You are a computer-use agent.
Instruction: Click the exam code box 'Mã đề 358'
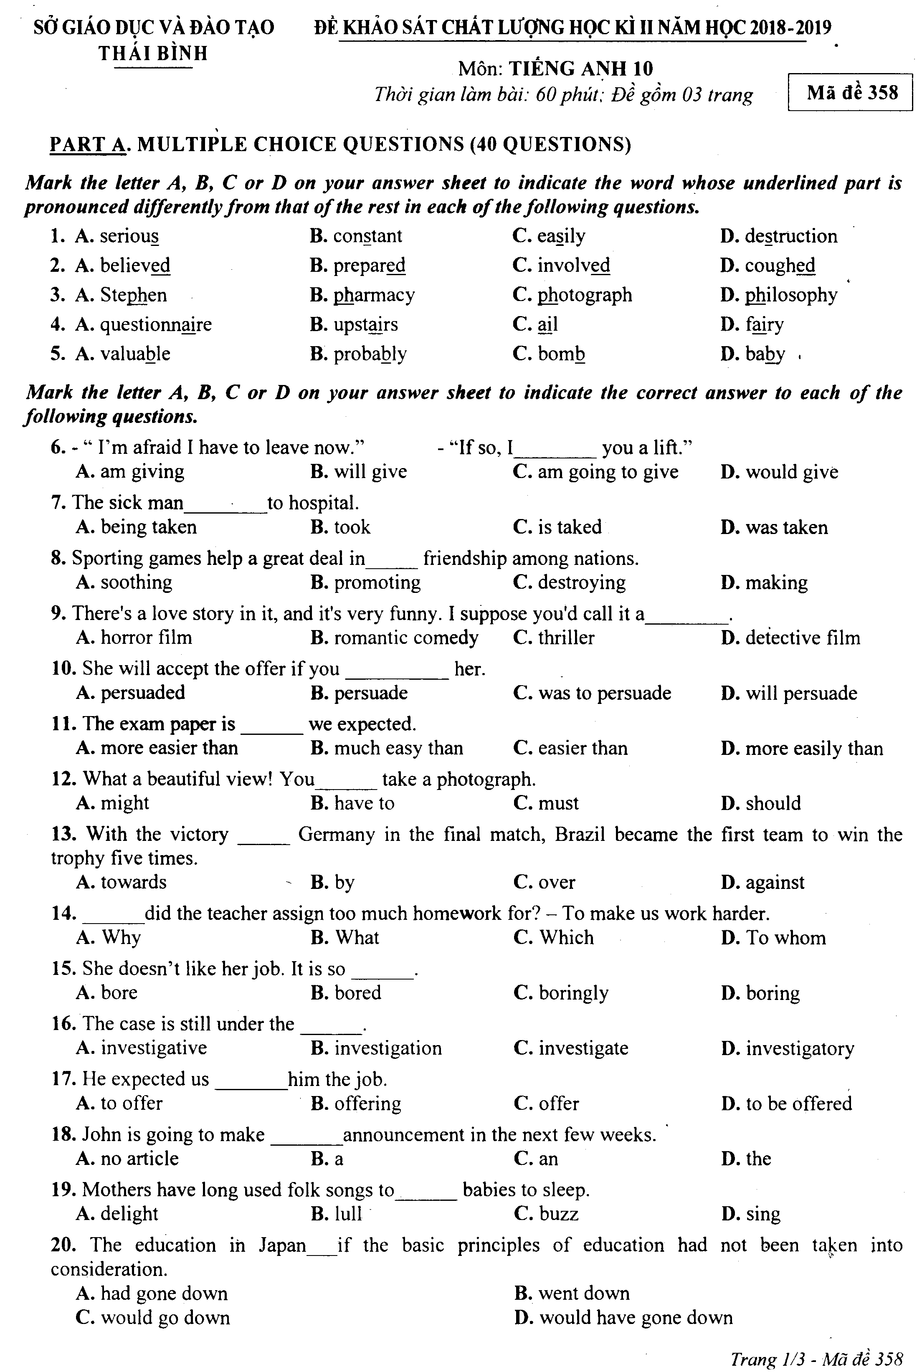coord(851,92)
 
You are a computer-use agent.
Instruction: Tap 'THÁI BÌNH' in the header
coord(153,54)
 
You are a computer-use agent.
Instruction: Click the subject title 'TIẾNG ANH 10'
coord(580,69)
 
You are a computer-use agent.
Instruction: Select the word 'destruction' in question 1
coord(790,236)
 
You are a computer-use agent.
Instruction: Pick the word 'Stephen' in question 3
coord(133,295)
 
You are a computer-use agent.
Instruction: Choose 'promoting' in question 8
coord(377,582)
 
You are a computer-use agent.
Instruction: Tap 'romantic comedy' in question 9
coord(406,638)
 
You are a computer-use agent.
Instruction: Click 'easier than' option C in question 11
coord(583,748)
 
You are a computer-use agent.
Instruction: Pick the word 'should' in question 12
coord(773,803)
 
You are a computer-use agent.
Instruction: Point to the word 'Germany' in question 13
coord(336,834)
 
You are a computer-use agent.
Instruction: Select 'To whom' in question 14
coord(785,938)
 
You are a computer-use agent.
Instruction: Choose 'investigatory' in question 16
coord(799,1048)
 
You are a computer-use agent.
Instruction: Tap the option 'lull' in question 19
coord(348,1214)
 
